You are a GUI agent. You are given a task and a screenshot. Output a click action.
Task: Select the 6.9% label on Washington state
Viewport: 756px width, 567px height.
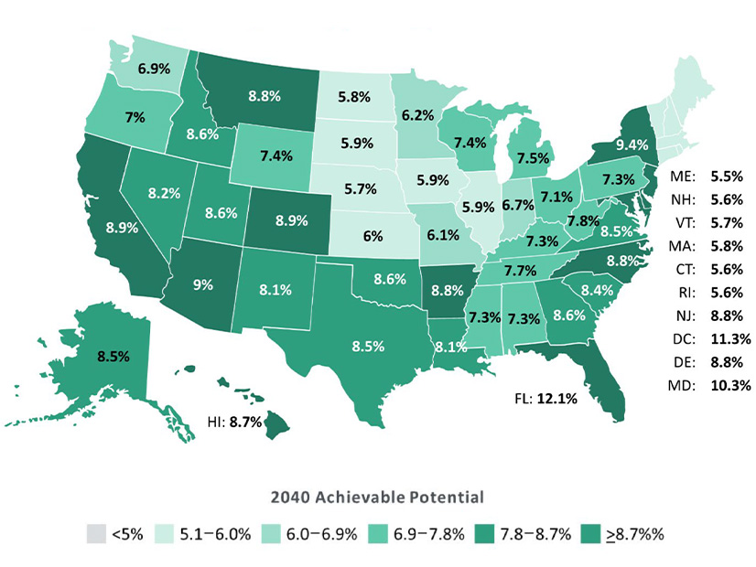(153, 69)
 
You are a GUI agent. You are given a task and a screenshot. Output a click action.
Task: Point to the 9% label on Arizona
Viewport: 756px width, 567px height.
(201, 284)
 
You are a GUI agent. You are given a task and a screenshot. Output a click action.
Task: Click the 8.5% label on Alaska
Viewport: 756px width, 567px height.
(92, 347)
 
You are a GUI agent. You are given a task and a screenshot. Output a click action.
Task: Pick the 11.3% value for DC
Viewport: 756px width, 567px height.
(729, 337)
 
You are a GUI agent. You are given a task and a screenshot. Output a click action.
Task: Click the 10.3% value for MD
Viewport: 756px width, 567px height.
(729, 385)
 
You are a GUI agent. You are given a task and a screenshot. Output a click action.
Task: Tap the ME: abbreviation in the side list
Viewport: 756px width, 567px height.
(683, 175)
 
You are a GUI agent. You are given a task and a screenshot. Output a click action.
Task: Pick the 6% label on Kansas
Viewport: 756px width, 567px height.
(372, 235)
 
